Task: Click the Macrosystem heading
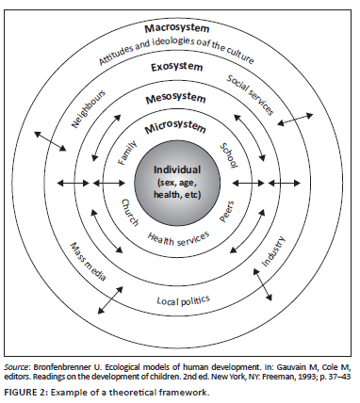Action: pyautogui.click(x=177, y=28)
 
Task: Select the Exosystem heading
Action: pyautogui.click(x=176, y=67)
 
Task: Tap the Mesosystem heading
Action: pyautogui.click(x=175, y=99)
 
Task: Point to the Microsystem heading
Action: pyautogui.click(x=175, y=127)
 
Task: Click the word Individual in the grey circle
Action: pyautogui.click(x=177, y=169)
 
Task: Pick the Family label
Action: pyautogui.click(x=127, y=153)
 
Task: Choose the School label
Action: pyautogui.click(x=229, y=155)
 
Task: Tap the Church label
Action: pyautogui.click(x=130, y=213)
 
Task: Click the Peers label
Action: pyautogui.click(x=226, y=212)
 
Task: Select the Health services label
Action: pyautogui.click(x=178, y=239)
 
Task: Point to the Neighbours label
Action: pyautogui.click(x=89, y=109)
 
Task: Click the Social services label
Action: pyautogui.click(x=251, y=95)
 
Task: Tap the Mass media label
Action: pyautogui.click(x=88, y=261)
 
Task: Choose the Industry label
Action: pyautogui.click(x=273, y=251)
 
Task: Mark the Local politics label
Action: pyautogui.click(x=184, y=300)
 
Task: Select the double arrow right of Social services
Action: pyautogui.click(x=295, y=120)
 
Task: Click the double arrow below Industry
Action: pyautogui.click(x=263, y=285)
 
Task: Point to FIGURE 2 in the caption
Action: pyautogui.click(x=25, y=392)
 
